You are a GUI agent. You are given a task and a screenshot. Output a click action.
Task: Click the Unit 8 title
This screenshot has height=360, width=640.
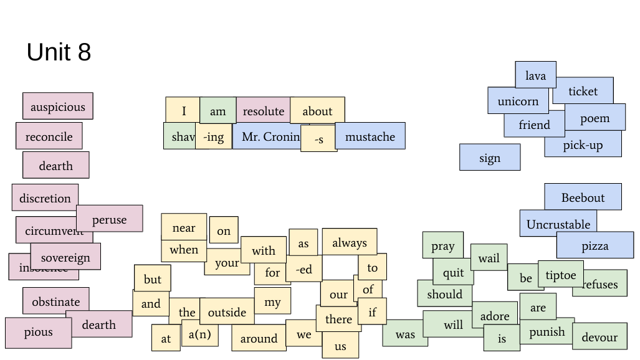click(59, 52)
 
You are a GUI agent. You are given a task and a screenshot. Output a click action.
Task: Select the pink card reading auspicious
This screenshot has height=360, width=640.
click(58, 107)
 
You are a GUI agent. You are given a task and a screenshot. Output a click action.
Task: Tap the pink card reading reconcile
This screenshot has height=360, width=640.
click(49, 136)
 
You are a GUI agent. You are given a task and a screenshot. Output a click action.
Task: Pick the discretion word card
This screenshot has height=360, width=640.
click(45, 198)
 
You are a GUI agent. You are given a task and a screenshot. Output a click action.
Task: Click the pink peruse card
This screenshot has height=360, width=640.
click(110, 219)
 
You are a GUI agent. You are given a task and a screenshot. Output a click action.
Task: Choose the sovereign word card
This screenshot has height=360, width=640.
click(65, 257)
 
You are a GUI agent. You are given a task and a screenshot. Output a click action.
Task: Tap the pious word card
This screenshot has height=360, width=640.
click(38, 333)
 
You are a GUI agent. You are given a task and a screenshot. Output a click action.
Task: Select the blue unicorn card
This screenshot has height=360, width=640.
click(518, 101)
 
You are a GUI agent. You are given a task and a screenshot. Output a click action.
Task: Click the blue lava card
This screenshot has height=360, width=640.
click(535, 75)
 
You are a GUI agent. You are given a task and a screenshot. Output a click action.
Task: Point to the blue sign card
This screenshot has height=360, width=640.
click(490, 158)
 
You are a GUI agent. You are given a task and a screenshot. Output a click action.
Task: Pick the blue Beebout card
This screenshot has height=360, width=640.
click(583, 197)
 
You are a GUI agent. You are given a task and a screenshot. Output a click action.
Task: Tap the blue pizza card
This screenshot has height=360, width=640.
click(595, 246)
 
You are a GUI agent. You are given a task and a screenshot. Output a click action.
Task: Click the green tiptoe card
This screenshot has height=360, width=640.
click(561, 275)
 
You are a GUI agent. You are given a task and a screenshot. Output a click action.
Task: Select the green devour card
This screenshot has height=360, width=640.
click(599, 337)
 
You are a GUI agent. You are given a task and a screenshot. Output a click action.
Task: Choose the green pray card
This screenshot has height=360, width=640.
click(442, 245)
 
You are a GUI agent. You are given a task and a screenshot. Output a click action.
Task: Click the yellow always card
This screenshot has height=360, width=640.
click(350, 242)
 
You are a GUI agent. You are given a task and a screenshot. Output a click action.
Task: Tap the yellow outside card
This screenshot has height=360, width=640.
click(227, 311)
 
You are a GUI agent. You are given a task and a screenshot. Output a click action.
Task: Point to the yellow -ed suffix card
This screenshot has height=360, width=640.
click(304, 269)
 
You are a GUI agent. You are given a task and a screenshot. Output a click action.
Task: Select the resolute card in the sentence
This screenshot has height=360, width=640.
click(263, 111)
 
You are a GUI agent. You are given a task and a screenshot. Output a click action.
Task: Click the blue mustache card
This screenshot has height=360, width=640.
click(370, 136)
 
